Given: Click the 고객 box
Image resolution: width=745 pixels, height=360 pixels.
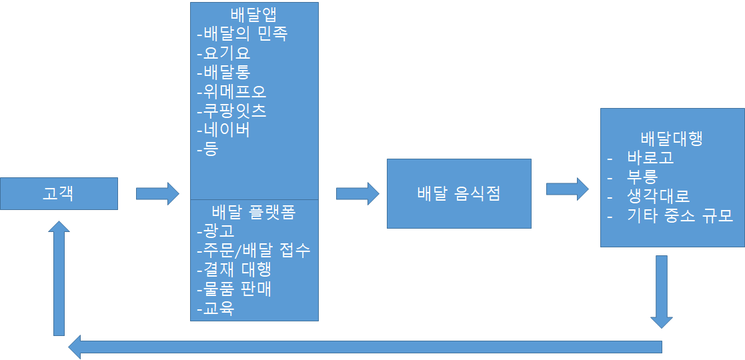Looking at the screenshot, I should pos(59,193).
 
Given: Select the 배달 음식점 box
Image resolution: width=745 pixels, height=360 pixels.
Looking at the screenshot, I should pos(459,193).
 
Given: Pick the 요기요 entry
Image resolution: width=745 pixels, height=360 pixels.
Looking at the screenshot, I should pos(224,53).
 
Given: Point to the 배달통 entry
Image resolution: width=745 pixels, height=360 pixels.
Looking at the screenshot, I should pos(224,72).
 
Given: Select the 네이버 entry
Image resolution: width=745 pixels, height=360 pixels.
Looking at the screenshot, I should pos(224,129).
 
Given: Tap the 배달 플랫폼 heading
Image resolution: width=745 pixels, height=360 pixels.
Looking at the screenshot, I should pos(254,212).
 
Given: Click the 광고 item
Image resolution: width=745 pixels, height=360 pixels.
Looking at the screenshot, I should pos(216,231).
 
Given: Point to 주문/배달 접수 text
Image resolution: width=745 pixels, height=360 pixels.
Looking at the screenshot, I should pos(254,250).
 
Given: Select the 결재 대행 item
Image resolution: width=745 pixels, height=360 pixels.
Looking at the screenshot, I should pos(234,269).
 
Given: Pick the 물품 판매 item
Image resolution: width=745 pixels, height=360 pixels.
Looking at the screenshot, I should pos(234,289).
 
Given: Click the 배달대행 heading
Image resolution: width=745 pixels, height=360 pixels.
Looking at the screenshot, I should pos(672,139).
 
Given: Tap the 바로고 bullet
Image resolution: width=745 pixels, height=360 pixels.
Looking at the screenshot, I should pos(650,158).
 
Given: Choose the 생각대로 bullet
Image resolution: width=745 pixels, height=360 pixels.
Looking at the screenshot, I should pos(658,196).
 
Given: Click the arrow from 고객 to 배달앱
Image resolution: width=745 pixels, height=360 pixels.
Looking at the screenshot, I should pos(157,193).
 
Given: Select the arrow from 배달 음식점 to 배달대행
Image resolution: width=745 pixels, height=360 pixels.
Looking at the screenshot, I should pos(567,189).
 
